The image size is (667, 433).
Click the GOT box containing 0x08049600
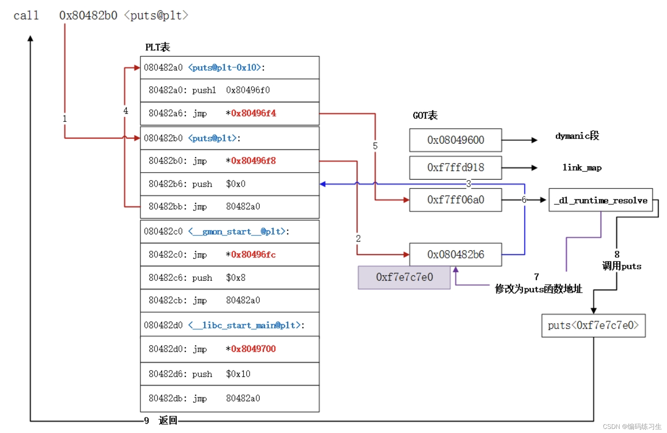(x=456, y=140)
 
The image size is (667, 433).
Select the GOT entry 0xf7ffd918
(x=456, y=168)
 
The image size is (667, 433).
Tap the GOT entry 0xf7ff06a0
(x=456, y=200)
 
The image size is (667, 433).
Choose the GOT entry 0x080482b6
(x=456, y=255)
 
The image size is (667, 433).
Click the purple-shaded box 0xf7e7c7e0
(x=404, y=277)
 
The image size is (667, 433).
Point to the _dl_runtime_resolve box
(x=601, y=200)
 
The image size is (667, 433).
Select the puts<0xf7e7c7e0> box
(x=593, y=325)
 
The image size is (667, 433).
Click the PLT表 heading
(x=158, y=47)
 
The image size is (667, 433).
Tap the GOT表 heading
(x=425, y=115)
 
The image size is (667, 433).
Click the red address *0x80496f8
(x=251, y=161)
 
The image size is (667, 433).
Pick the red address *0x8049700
(x=251, y=349)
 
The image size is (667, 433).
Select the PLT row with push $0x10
(x=230, y=374)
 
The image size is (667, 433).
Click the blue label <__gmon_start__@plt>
(x=237, y=232)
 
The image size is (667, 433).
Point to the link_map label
(x=582, y=168)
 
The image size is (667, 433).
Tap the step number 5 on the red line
(x=375, y=146)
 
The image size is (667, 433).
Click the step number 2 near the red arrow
(x=358, y=238)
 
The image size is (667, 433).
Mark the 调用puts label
(x=622, y=266)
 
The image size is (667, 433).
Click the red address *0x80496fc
(x=251, y=255)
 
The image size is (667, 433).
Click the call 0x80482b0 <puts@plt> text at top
(x=101, y=15)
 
